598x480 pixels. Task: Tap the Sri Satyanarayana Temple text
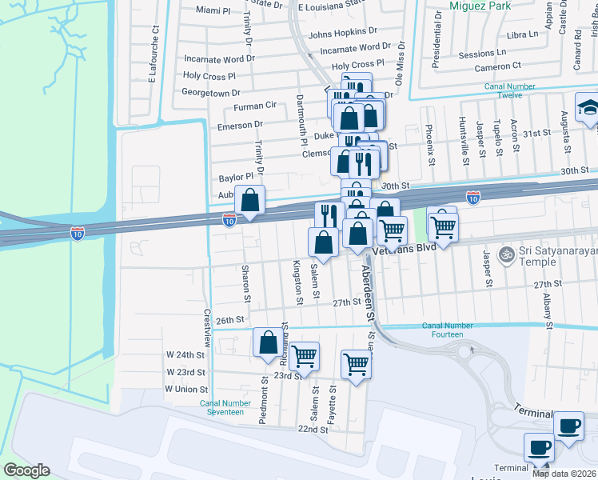tap(557, 258)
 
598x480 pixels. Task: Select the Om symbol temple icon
tap(504, 254)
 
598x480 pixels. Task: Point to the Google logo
tap(26, 470)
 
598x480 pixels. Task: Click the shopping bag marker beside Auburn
tap(250, 201)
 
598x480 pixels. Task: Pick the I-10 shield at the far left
tap(78, 233)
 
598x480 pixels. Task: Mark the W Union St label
tap(186, 389)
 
